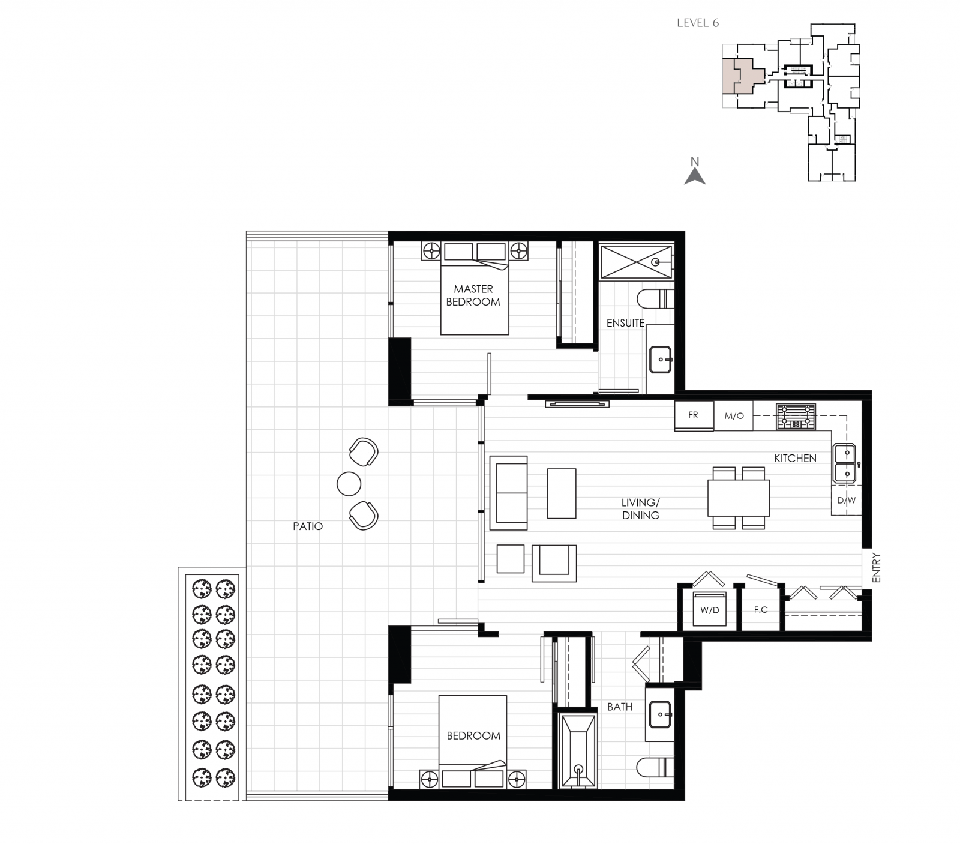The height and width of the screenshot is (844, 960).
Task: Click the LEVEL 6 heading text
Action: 697,23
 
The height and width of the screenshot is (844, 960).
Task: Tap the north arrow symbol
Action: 695,175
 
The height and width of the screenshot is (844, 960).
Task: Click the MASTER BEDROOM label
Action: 473,295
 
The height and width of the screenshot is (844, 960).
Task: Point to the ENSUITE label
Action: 625,323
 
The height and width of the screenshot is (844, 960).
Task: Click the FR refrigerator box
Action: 694,415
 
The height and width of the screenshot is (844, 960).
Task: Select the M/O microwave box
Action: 734,415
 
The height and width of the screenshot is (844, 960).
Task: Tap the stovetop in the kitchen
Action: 796,416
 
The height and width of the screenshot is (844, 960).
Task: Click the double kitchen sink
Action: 846,463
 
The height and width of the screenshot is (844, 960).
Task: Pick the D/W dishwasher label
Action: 846,500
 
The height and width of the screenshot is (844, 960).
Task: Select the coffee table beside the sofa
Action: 561,493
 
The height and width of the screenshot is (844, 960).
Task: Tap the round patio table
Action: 349,484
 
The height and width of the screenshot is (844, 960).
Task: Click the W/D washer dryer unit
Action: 709,609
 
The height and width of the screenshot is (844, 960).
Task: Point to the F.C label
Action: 761,609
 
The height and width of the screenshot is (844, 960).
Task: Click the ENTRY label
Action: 876,567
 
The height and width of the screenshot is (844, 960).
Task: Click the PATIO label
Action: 308,526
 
